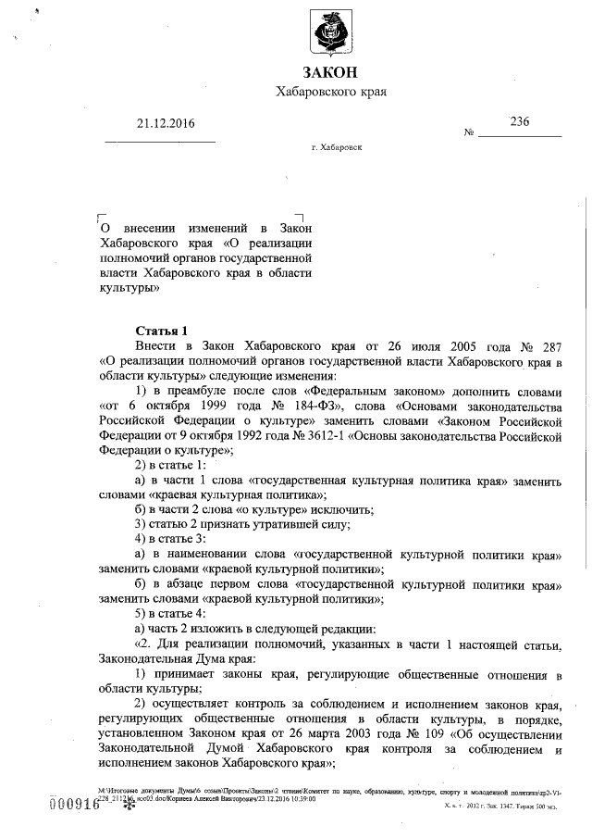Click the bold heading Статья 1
(161, 331)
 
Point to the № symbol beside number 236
(469, 132)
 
